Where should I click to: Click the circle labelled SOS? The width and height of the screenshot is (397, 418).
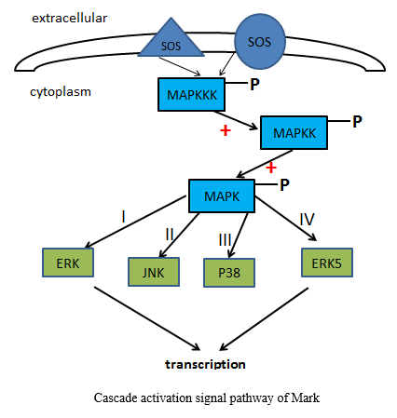260,41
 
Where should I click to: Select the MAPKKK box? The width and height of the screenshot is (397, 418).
191,94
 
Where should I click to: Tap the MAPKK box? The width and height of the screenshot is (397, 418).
294,133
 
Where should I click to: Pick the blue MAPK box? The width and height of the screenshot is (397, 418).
222,196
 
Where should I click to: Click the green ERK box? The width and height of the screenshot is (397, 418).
68,263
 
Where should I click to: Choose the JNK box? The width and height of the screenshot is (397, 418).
154,272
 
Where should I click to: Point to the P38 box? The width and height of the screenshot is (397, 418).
229,273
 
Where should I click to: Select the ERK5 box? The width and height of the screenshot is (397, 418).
327,263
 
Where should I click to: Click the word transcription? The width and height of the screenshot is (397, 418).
205,364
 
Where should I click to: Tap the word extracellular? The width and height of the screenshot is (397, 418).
70,18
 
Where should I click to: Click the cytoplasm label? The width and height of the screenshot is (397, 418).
61,92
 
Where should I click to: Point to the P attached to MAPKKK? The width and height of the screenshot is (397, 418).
254,84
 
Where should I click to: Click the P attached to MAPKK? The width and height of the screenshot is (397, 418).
357,122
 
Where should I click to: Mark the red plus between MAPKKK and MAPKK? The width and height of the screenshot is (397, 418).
226,130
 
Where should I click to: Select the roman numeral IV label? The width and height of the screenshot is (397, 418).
308,219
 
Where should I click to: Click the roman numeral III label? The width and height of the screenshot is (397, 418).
226,239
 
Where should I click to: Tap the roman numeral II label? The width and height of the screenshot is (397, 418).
170,234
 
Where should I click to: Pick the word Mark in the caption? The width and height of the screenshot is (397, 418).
306,398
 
